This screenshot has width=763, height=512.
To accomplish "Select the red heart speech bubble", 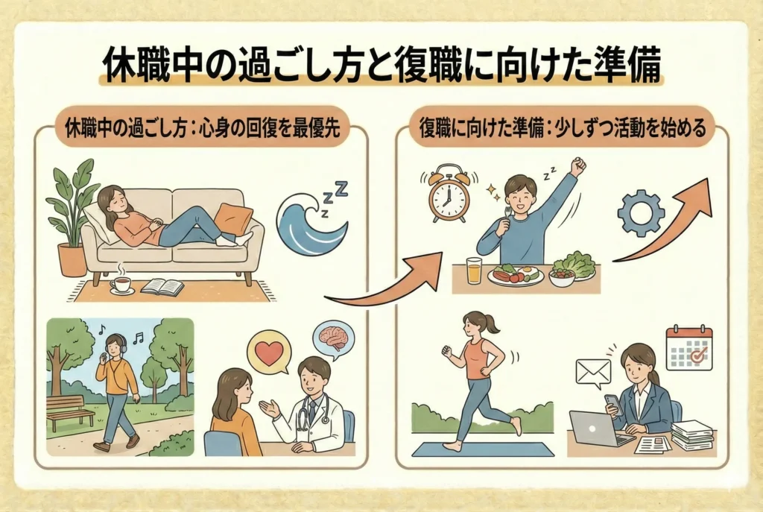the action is (268, 354).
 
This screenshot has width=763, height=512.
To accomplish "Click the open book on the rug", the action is (162, 287).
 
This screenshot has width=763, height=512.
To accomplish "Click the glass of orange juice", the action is (474, 271).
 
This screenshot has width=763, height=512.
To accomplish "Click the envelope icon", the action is (592, 373).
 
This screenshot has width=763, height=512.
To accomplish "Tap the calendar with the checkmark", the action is (688, 349).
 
